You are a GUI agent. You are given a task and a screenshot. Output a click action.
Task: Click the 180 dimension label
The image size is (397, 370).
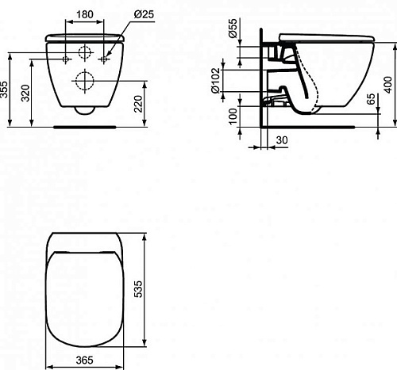(x=85, y=14)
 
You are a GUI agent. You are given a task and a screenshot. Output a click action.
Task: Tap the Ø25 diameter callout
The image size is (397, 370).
(x=144, y=14)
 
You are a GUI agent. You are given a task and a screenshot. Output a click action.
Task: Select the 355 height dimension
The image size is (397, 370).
(x=5, y=90)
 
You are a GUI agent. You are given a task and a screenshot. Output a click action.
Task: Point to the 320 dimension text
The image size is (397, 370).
(x=25, y=93)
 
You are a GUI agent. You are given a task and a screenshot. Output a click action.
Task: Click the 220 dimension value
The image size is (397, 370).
(x=138, y=104)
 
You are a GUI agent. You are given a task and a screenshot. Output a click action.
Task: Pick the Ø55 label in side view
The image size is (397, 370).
(x=233, y=29)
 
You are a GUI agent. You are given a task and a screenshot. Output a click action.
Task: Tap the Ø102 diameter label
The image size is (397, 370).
(x=216, y=81)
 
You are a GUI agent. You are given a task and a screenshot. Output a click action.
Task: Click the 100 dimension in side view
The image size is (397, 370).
(x=233, y=116)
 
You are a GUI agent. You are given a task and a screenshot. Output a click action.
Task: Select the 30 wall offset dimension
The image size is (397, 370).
(x=282, y=140)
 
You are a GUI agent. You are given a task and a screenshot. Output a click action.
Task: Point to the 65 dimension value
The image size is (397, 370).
(x=372, y=99)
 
